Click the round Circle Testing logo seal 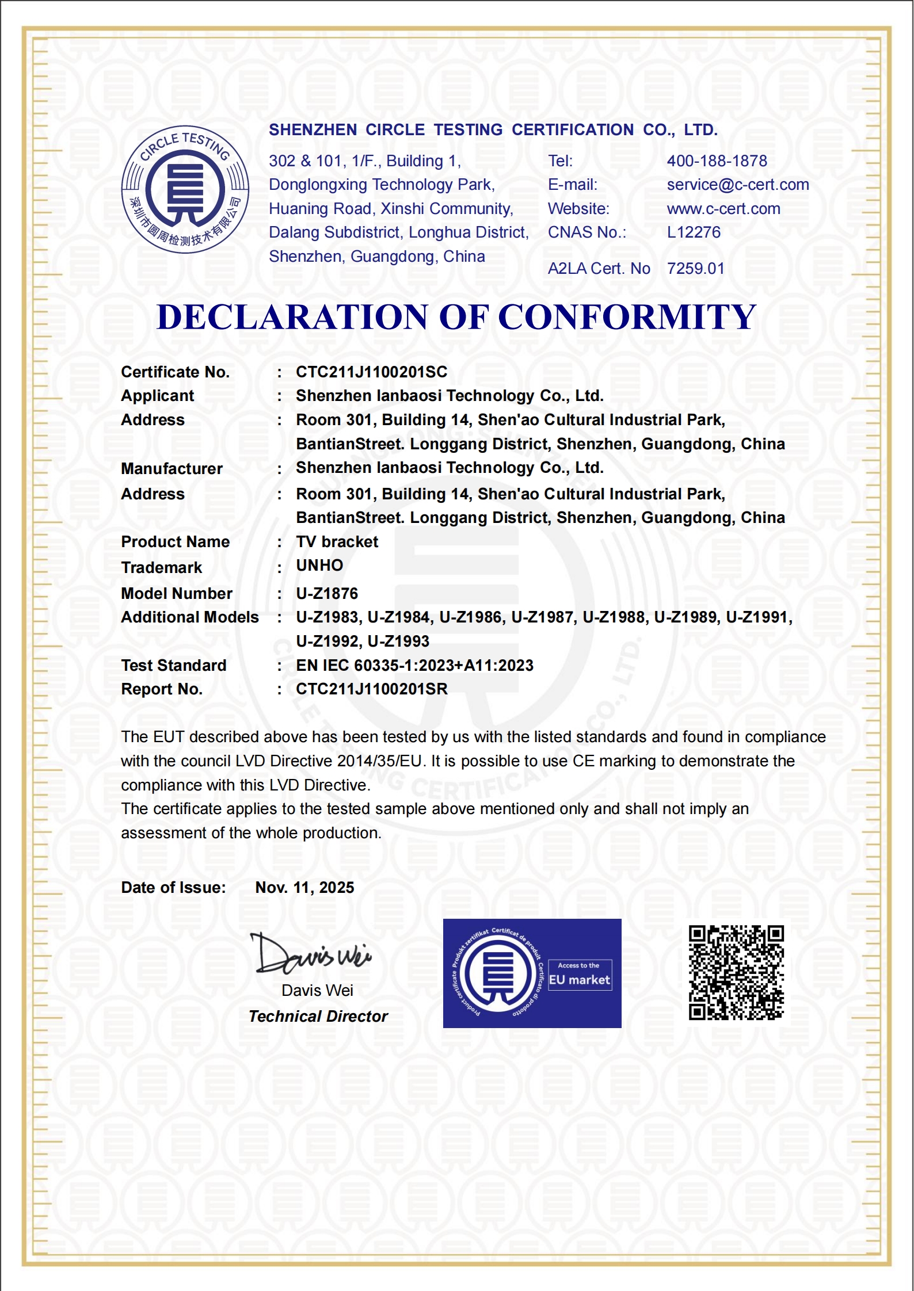click(x=185, y=189)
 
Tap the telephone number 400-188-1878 click(x=717, y=161)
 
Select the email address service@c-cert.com click(x=737, y=185)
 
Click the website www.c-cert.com click(x=723, y=209)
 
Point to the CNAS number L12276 click(x=693, y=232)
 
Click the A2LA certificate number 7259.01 click(x=695, y=269)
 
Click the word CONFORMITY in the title click(x=627, y=317)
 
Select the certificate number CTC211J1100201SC click(x=371, y=372)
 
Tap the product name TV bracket click(x=337, y=542)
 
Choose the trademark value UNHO click(x=319, y=566)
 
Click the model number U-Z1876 click(x=327, y=594)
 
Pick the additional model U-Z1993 click(x=398, y=641)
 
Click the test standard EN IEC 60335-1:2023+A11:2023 click(x=414, y=666)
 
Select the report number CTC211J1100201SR click(x=371, y=689)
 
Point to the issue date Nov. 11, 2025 click(x=304, y=888)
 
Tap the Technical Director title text click(x=318, y=1017)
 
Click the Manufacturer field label click(x=172, y=469)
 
